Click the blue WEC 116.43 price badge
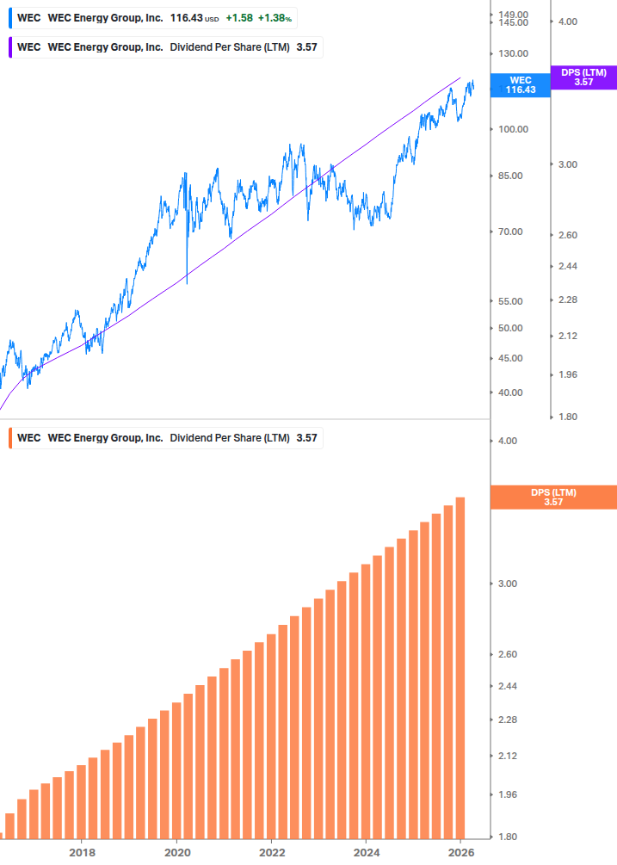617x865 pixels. point(520,84)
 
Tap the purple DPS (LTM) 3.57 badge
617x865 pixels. point(583,77)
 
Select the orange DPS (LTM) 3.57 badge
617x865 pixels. point(552,497)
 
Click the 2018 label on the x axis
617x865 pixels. point(82,853)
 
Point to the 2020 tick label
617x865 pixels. point(176,853)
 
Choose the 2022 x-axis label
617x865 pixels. point(271,853)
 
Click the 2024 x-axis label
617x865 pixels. point(366,853)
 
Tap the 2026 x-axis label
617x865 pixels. point(460,853)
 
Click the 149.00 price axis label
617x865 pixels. point(513,15)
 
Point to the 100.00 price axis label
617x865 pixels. point(513,129)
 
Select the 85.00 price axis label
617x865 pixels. point(510,176)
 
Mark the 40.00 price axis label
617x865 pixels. point(510,392)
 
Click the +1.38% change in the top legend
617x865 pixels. point(276,18)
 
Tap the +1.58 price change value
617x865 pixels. point(240,18)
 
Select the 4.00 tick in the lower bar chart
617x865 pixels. point(508,441)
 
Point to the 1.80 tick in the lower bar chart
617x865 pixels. point(508,837)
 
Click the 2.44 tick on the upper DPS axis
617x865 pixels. point(567,267)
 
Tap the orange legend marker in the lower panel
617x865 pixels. point(10,438)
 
